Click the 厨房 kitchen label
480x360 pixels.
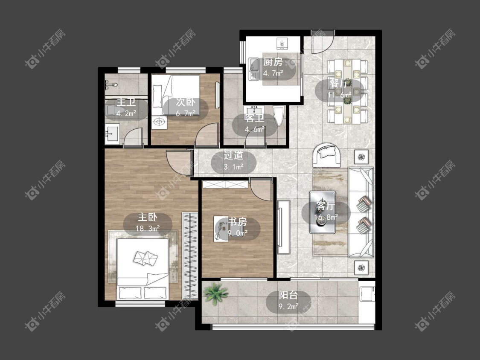point(273,62)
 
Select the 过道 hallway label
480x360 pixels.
point(233,156)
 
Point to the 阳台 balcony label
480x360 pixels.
point(288,296)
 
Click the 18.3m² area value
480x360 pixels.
point(148,228)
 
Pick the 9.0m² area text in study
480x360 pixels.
point(237,233)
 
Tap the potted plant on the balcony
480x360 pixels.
point(216,293)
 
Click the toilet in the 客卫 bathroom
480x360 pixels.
point(279,116)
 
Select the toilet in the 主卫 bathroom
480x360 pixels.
point(115,111)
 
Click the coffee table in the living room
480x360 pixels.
point(322,212)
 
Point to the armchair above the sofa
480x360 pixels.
point(327,154)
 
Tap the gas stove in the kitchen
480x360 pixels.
point(283,44)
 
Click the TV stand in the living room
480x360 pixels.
point(283,227)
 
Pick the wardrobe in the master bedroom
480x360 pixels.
point(190,255)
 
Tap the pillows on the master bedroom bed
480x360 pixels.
point(146,258)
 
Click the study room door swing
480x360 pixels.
point(261,189)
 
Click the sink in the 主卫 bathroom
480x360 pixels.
point(112,134)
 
